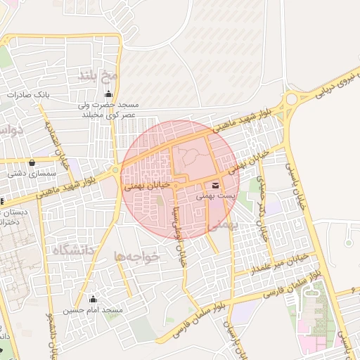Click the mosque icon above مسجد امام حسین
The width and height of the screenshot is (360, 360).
point(93,300)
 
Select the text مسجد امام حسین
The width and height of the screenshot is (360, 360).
point(93,310)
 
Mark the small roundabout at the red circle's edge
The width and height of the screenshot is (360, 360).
point(115,170)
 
